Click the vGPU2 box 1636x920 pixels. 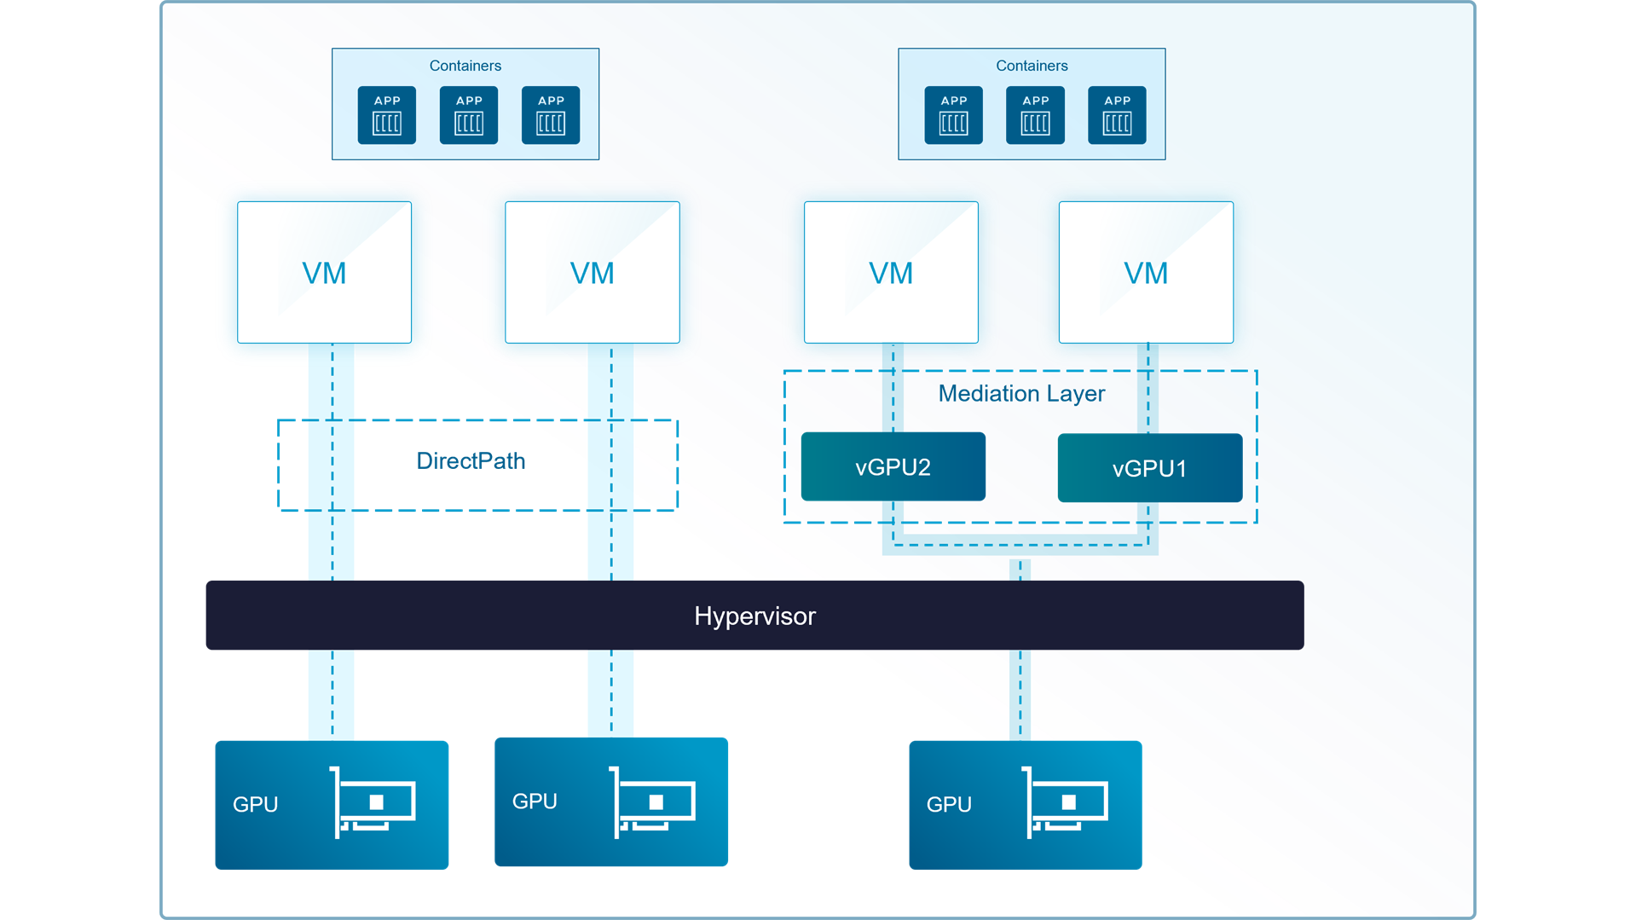tap(893, 466)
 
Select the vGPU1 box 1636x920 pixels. tap(1149, 467)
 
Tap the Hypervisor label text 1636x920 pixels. tap(754, 616)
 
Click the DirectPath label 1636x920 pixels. tap(471, 461)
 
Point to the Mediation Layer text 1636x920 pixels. tap(1021, 393)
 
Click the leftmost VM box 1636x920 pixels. tap(324, 272)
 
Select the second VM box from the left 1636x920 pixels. tap(592, 272)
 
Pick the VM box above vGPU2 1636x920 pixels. tap(891, 272)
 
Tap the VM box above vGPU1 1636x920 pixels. tap(1146, 272)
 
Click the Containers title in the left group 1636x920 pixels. tap(465, 66)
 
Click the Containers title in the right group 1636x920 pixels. tap(1032, 66)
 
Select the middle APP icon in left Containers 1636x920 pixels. tap(469, 115)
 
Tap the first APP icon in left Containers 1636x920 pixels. tap(387, 115)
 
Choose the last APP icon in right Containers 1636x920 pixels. tap(1117, 115)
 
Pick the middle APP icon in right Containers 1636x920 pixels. tap(1035, 115)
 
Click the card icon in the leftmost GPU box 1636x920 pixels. tap(373, 802)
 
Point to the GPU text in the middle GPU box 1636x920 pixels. tap(535, 801)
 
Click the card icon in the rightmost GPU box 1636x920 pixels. tap(1066, 802)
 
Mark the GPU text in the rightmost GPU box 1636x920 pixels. tap(949, 805)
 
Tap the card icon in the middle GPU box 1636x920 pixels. tap(652, 802)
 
